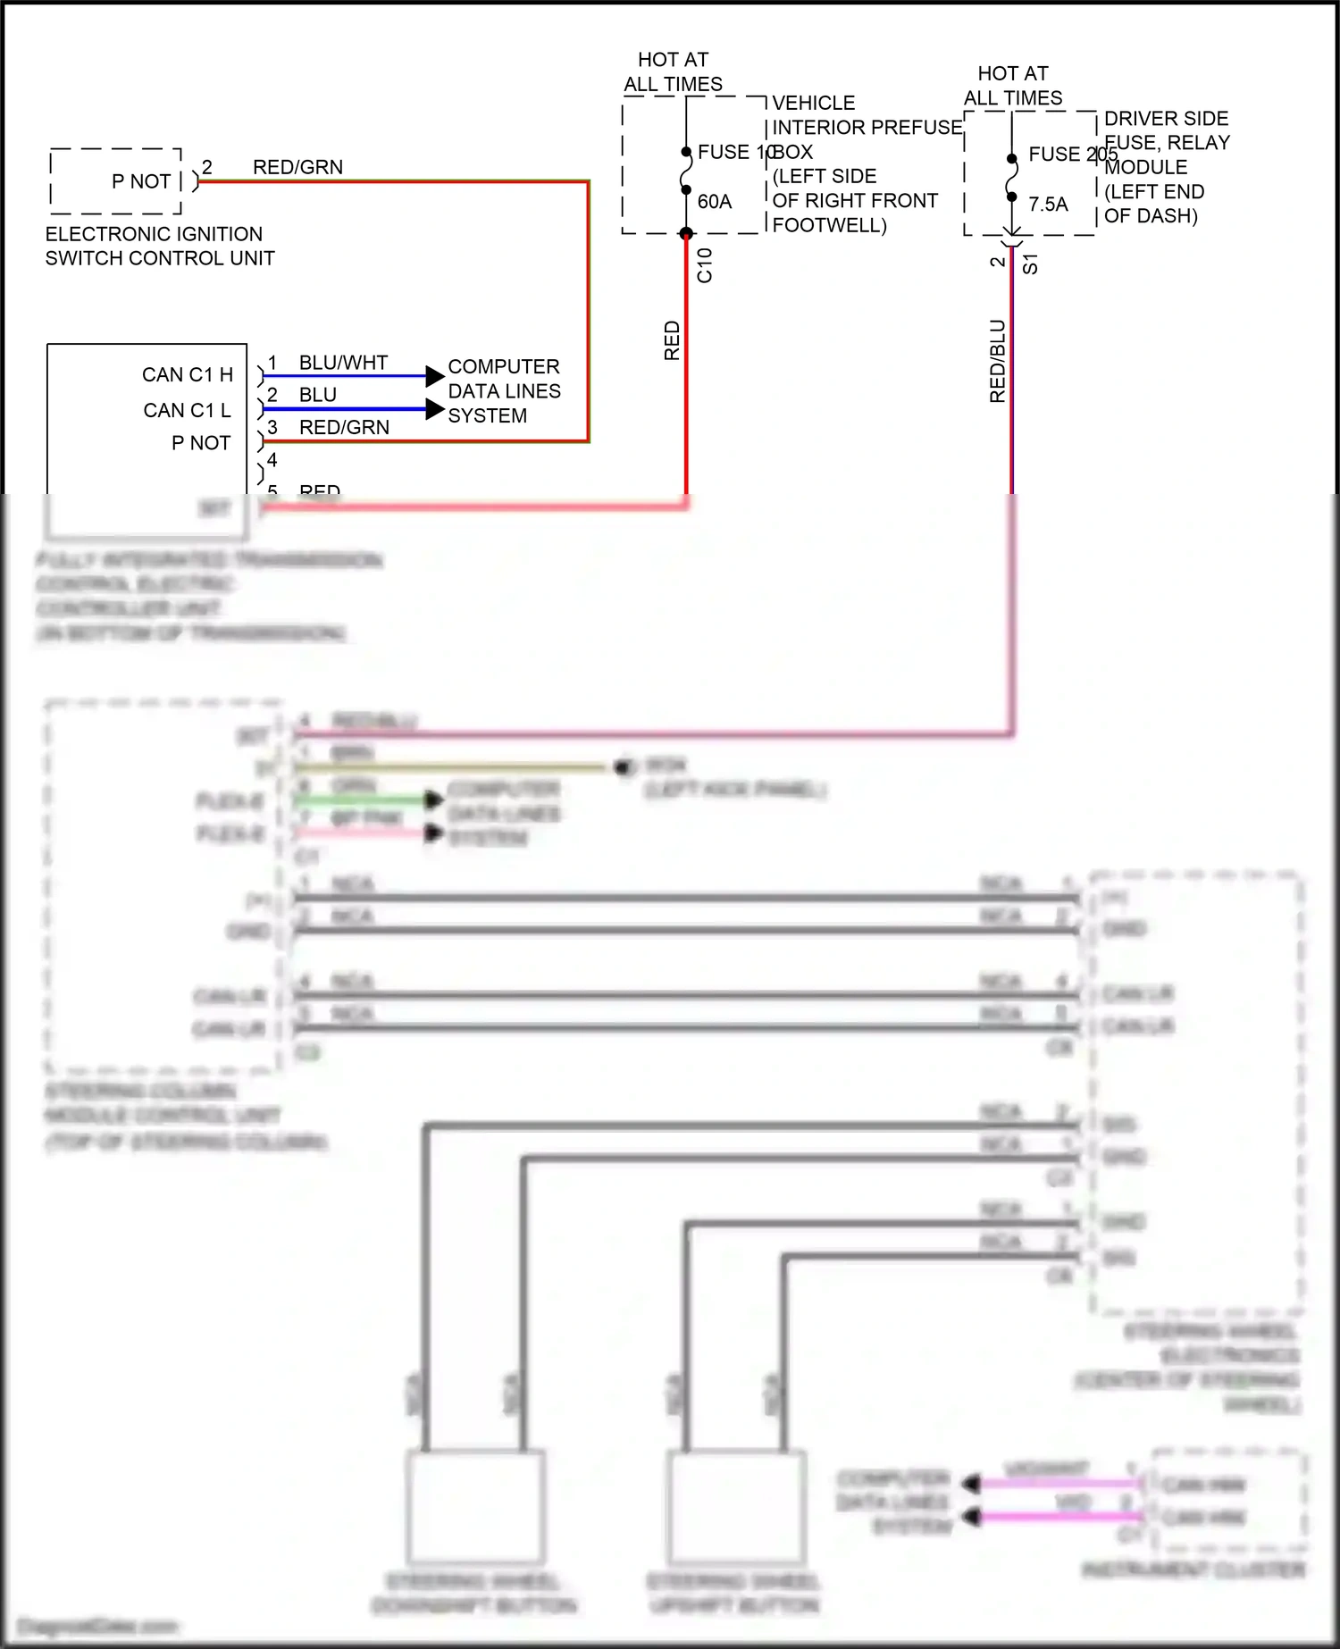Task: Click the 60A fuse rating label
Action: [x=714, y=202]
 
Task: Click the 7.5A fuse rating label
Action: [x=1048, y=205]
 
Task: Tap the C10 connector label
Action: [x=705, y=265]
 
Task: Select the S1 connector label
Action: [x=1030, y=264]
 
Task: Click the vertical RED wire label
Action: [x=672, y=340]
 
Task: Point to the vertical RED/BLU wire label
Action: [x=998, y=361]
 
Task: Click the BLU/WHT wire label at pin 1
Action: [x=343, y=363]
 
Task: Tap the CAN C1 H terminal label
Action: [x=188, y=375]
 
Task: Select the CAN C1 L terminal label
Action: [x=188, y=411]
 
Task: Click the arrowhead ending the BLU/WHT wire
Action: [x=434, y=376]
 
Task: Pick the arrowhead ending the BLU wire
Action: [x=434, y=410]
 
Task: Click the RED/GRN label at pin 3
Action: [x=344, y=428]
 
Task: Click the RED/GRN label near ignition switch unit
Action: [x=297, y=167]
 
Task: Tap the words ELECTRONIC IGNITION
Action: [x=154, y=234]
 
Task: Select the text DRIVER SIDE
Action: [x=1166, y=119]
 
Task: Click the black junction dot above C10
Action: [x=686, y=234]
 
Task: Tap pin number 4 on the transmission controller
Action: [x=272, y=460]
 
